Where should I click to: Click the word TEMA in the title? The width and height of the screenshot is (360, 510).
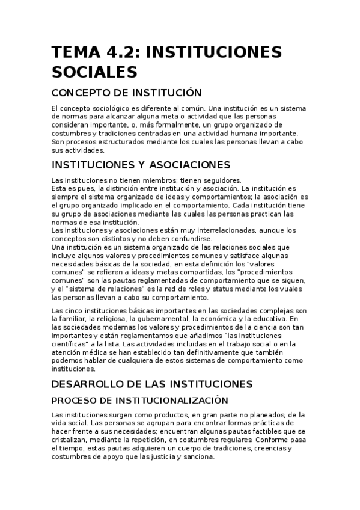(x=73, y=52)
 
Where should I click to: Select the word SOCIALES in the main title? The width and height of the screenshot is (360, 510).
(x=95, y=73)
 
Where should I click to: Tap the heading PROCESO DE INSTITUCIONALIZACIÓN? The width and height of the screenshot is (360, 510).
(x=140, y=399)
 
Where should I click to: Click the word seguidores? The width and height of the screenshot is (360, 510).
(x=220, y=180)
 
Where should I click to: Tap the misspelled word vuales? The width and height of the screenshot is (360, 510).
(x=296, y=289)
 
